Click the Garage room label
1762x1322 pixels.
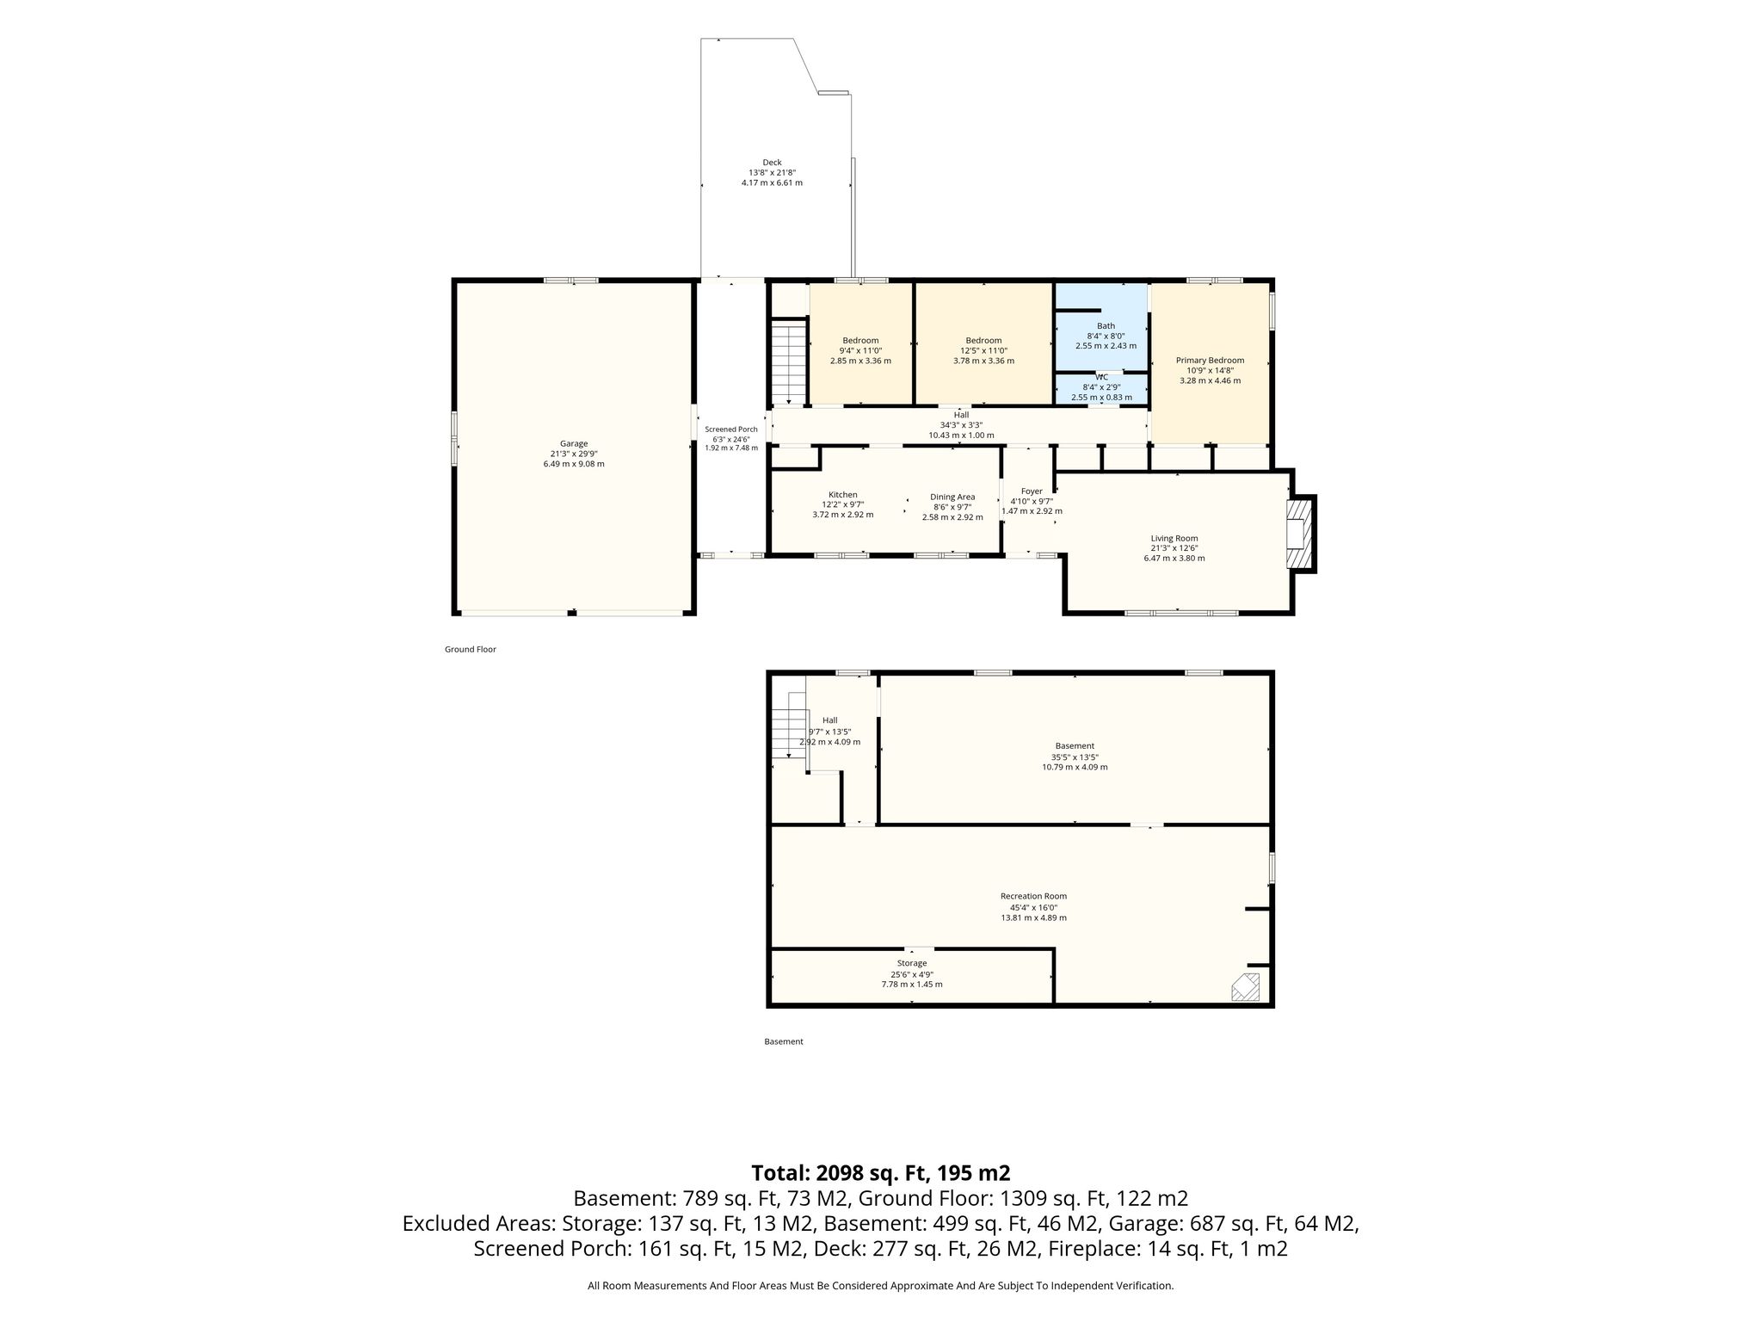[x=574, y=444]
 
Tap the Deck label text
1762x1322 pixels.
[x=772, y=163]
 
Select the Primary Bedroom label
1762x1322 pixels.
[x=1210, y=361]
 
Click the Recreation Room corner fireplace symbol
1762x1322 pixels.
[x=1246, y=986]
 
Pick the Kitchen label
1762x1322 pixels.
[x=843, y=495]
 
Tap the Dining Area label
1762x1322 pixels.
[x=952, y=497]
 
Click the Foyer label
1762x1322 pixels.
[x=1032, y=491]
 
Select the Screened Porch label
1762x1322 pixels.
[x=731, y=429]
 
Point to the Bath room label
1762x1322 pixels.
[x=1106, y=326]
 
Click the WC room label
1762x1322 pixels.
[x=1102, y=377]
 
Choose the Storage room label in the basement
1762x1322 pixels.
[x=912, y=963]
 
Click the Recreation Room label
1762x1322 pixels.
[x=1033, y=896]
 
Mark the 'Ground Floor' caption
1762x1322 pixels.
[x=471, y=650]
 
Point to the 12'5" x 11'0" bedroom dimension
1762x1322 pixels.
[x=983, y=350]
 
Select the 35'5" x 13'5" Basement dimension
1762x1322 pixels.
[x=1075, y=757]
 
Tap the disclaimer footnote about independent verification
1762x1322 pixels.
[x=881, y=1286]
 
